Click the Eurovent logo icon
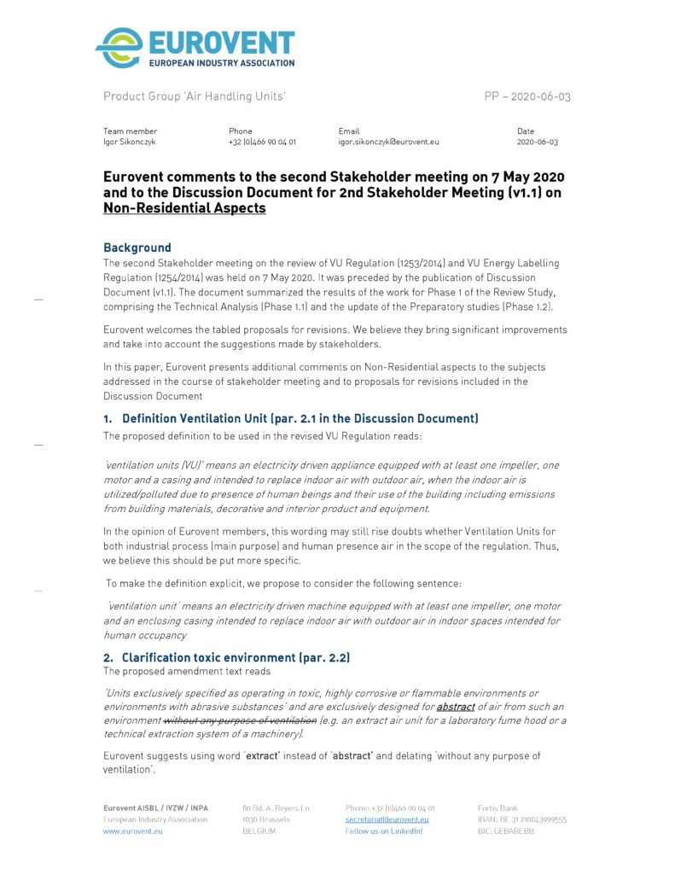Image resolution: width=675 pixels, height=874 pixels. pos(120,48)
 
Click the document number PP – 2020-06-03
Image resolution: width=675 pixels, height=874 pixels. pos(527,96)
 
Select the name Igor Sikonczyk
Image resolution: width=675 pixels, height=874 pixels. pos(130,142)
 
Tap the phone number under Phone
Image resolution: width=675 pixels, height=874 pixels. pos(262,142)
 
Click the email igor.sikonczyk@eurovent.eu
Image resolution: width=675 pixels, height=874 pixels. pos(382,142)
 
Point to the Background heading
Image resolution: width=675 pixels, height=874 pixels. pos(137,248)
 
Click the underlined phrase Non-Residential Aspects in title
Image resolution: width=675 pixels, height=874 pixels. pos(184,207)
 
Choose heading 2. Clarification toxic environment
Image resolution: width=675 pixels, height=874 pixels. pos(227,658)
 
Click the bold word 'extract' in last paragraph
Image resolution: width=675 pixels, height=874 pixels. pos(264,756)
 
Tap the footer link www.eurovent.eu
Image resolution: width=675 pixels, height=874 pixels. pos(133,830)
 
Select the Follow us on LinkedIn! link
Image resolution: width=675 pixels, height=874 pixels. pos(383,830)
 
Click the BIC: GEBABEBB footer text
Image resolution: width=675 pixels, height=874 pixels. pos(505,830)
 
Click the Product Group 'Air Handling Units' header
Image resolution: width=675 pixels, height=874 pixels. pos(194,96)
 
